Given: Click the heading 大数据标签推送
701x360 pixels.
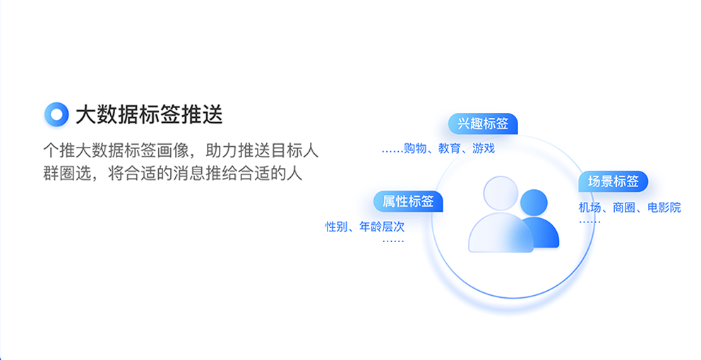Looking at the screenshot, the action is tap(150, 115).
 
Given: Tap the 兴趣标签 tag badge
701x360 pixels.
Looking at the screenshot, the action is tap(483, 124).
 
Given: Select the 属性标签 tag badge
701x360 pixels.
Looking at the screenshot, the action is tap(408, 201).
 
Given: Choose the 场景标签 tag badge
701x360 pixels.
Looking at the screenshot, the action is tap(613, 181).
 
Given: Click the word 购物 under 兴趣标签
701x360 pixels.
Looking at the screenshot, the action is tap(415, 148).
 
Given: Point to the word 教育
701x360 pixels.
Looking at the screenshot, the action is tap(449, 148).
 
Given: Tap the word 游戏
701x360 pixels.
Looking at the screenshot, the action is tap(484, 148).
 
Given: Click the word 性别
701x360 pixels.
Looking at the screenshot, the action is tap(336, 227).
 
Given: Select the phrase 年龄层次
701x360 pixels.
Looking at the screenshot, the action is tap(382, 227).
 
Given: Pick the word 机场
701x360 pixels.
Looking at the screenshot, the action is tap(589, 208).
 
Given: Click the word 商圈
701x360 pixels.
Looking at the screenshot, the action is tap(624, 208).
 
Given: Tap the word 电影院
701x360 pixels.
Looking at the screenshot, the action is tap(664, 208).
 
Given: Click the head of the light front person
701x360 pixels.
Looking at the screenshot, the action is tap(501, 193).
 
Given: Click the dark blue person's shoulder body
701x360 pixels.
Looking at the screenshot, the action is tap(546, 235).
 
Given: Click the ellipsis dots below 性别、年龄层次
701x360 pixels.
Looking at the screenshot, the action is tap(393, 241).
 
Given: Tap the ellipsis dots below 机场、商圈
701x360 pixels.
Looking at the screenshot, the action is tap(589, 222).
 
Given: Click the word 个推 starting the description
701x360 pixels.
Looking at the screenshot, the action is tap(59, 151).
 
